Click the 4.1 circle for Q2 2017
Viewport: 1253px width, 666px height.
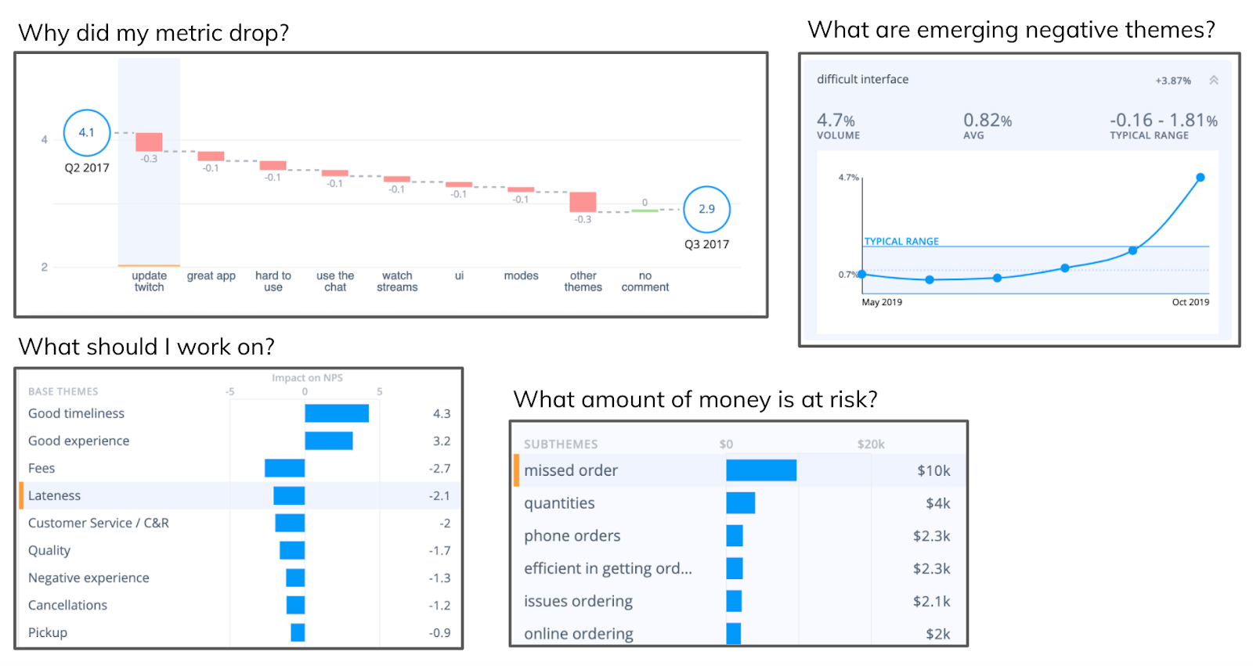[86, 132]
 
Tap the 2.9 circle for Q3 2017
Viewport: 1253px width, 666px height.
[706, 209]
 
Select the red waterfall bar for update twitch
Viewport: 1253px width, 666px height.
[149, 142]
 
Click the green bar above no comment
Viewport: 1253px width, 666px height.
[645, 211]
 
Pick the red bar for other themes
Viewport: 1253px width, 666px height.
[583, 201]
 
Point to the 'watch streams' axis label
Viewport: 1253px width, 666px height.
[397, 282]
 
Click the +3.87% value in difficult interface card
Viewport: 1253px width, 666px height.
[1172, 81]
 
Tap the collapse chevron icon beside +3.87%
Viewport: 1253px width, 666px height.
[1213, 80]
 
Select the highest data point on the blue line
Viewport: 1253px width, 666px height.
[1200, 178]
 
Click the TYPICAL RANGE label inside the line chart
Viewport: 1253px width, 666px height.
[901, 241]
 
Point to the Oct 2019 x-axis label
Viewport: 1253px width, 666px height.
[1190, 302]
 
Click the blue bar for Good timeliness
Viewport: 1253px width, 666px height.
[337, 413]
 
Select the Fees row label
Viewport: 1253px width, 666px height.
[42, 468]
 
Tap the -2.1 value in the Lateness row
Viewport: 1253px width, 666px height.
[439, 495]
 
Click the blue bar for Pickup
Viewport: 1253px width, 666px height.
[298, 632]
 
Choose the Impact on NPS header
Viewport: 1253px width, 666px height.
[307, 378]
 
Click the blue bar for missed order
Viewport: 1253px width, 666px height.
[760, 470]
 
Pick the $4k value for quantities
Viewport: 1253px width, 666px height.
[937, 503]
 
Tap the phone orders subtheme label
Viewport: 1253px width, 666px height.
[572, 536]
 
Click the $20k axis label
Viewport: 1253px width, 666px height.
[870, 444]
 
